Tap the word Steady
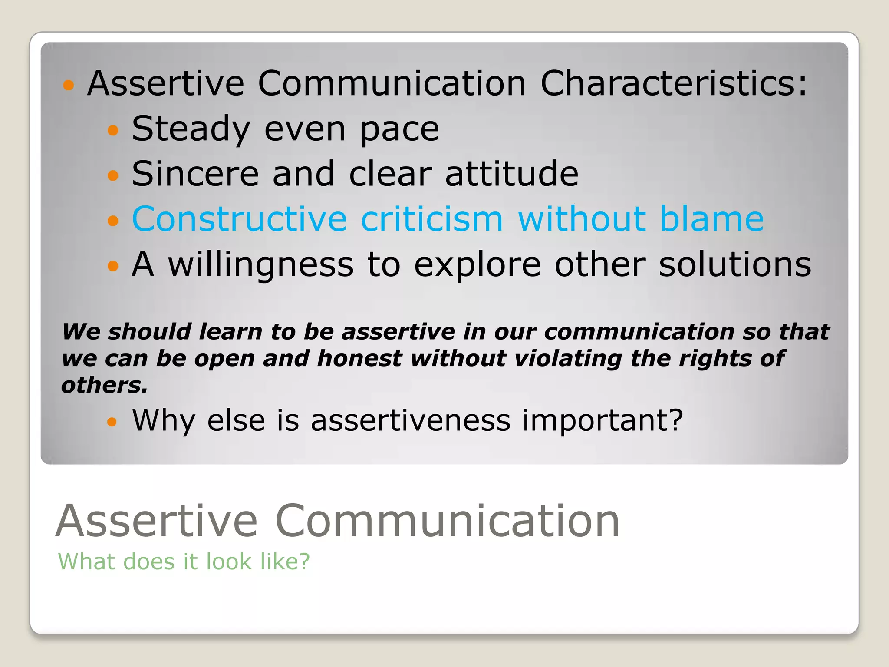(191, 129)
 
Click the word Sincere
(195, 174)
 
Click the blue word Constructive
(239, 219)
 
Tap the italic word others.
(104, 385)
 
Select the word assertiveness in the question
(411, 421)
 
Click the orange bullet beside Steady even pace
(113, 130)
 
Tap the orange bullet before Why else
(112, 422)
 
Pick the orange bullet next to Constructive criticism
(113, 221)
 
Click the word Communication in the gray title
(447, 521)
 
